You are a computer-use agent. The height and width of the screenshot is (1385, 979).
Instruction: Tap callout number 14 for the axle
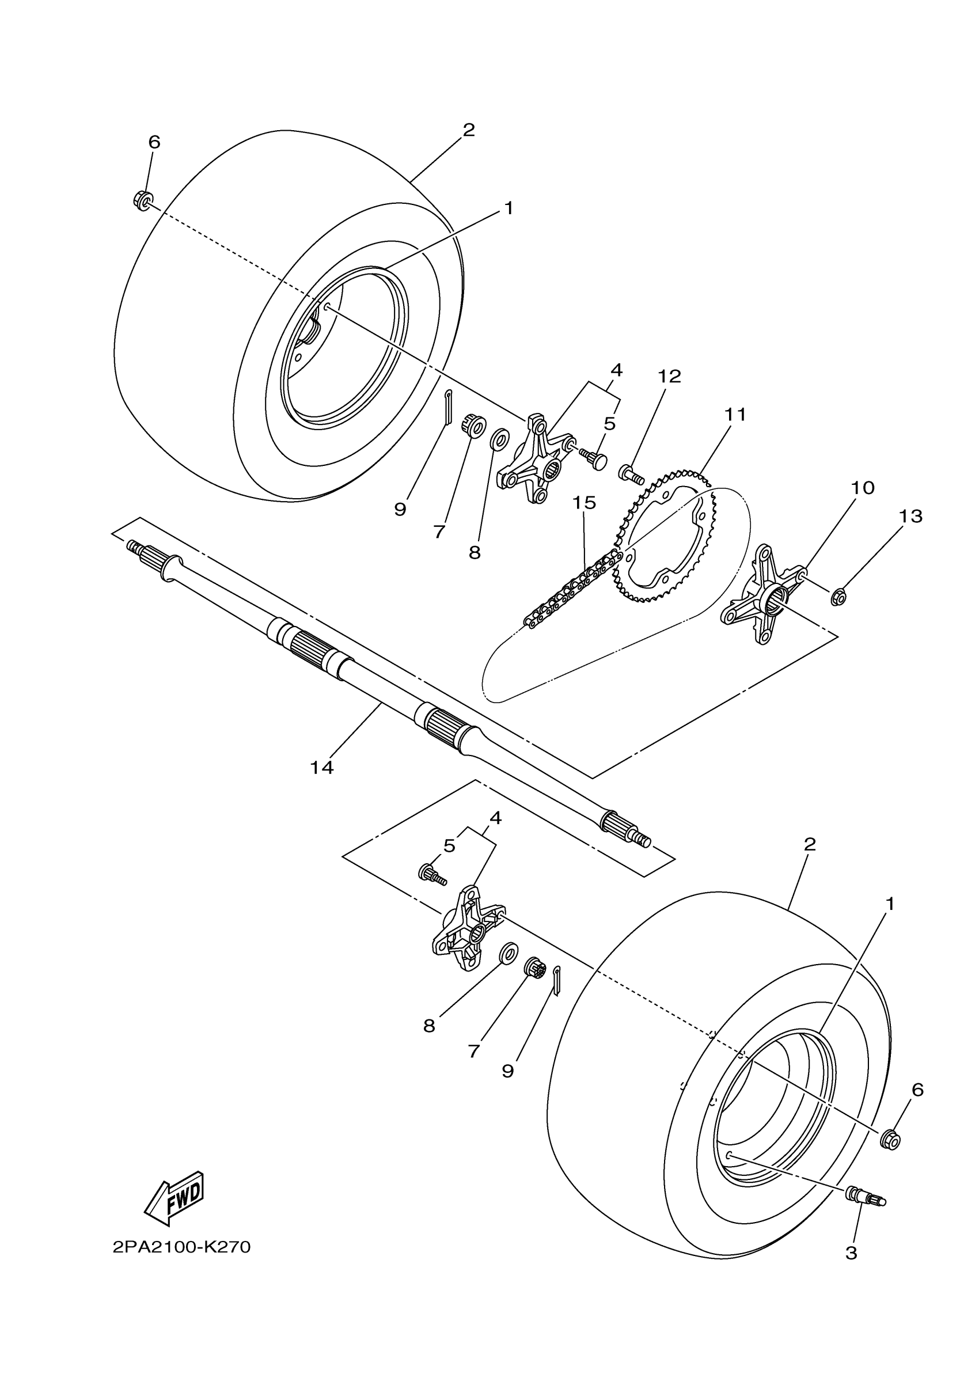pos(321,767)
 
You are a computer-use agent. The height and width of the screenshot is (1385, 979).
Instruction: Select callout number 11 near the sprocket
pos(735,415)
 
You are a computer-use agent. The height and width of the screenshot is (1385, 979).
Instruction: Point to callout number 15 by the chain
pos(584,503)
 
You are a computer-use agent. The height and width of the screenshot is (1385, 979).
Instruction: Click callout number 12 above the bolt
pos(669,377)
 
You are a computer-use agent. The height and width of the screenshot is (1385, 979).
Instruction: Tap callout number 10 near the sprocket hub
pos(863,487)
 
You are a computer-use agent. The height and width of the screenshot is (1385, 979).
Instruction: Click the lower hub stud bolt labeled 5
pos(432,874)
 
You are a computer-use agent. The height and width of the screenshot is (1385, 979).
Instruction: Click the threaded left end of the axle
pos(135,547)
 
